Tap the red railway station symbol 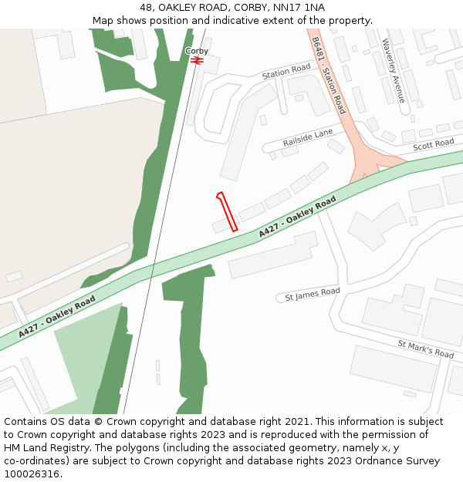197,59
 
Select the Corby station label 197,51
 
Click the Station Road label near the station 286,72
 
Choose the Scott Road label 433,145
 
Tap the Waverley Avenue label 393,70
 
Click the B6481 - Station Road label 329,76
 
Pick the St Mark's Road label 426,349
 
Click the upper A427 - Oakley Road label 297,216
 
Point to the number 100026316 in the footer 33,474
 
